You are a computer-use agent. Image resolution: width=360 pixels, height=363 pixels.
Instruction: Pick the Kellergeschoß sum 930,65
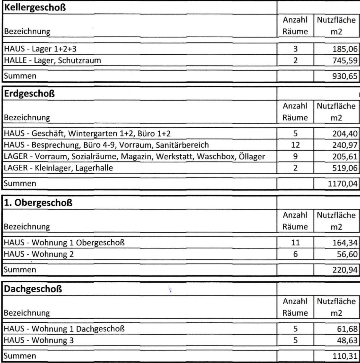(x=343, y=76)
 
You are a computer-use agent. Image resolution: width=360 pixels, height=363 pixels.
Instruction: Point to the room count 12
(x=295, y=145)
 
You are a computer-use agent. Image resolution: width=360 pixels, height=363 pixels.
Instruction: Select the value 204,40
(x=343, y=134)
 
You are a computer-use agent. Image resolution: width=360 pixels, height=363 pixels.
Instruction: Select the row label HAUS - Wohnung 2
(x=39, y=255)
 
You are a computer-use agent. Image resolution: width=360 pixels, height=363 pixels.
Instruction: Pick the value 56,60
(x=345, y=255)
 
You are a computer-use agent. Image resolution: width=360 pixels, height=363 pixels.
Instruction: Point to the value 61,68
(x=345, y=328)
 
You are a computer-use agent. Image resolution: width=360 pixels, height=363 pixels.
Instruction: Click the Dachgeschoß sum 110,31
(x=343, y=355)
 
